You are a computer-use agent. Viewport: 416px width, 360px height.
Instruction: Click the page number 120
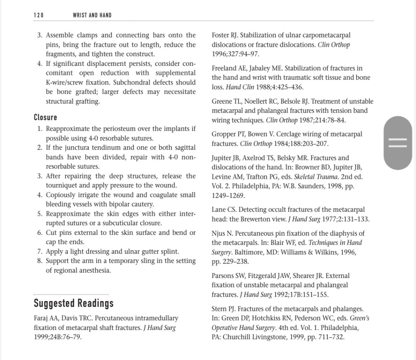[39, 15]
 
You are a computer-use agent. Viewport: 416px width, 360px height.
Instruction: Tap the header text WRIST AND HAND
[92, 15]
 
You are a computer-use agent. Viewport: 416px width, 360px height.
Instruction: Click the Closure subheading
[45, 117]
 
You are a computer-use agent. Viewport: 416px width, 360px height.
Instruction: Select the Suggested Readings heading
[74, 303]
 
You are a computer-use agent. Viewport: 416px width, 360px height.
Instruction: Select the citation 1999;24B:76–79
[58, 337]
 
